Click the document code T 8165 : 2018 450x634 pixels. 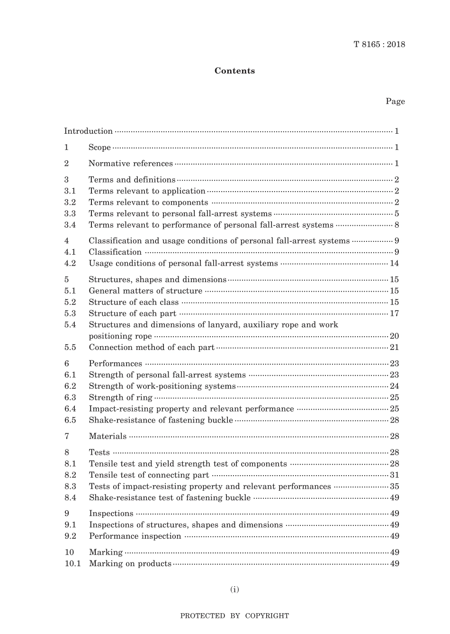click(x=379, y=45)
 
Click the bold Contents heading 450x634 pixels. click(x=234, y=71)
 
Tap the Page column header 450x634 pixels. click(x=395, y=101)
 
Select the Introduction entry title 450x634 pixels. click(x=89, y=131)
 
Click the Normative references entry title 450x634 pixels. click(x=131, y=164)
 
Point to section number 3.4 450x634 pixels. click(x=70, y=225)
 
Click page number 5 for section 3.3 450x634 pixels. click(x=396, y=214)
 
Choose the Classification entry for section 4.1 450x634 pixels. click(x=115, y=252)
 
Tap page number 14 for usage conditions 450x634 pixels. click(x=394, y=264)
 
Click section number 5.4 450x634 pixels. click(x=70, y=325)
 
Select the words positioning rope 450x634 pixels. click(x=120, y=336)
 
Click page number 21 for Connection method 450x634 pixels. click(x=394, y=348)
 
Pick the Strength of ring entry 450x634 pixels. click(x=121, y=398)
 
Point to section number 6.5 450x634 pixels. click(x=70, y=420)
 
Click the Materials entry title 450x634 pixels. click(x=108, y=436)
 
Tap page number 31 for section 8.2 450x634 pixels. click(x=394, y=475)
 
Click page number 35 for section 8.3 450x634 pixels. click(x=394, y=487)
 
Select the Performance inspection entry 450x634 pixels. click(x=135, y=536)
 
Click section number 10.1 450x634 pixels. click(x=72, y=564)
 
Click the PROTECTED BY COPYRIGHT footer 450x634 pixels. click(x=234, y=616)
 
